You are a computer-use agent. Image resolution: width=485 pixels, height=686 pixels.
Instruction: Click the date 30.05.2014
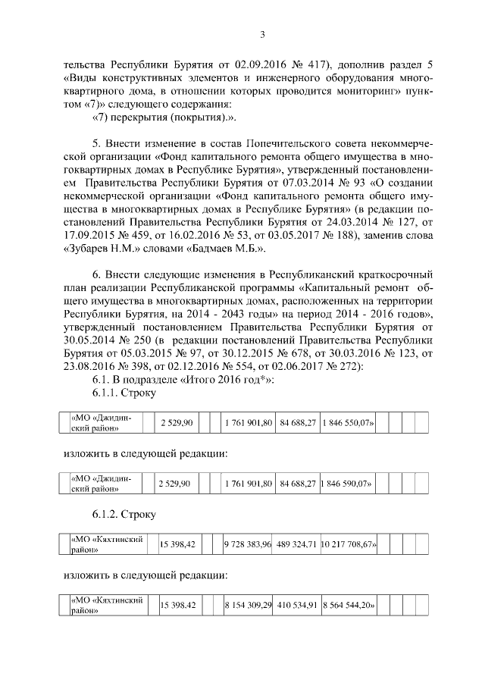[x=85, y=341]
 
